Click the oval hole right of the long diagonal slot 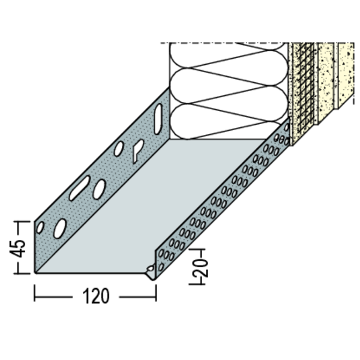click(x=99, y=189)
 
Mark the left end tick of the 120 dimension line click(x=35, y=293)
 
